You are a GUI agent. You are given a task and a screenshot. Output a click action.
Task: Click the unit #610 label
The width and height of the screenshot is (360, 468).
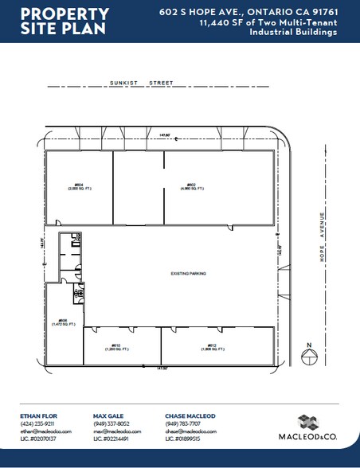116,347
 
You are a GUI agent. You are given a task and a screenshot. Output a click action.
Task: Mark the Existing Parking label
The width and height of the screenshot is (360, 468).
188,273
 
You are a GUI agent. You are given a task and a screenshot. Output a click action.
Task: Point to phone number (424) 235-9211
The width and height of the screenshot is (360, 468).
40,423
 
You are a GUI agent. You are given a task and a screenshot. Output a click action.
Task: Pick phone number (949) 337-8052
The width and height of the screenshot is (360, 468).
112,423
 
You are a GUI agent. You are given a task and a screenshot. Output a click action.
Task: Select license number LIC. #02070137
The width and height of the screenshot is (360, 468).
39,439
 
